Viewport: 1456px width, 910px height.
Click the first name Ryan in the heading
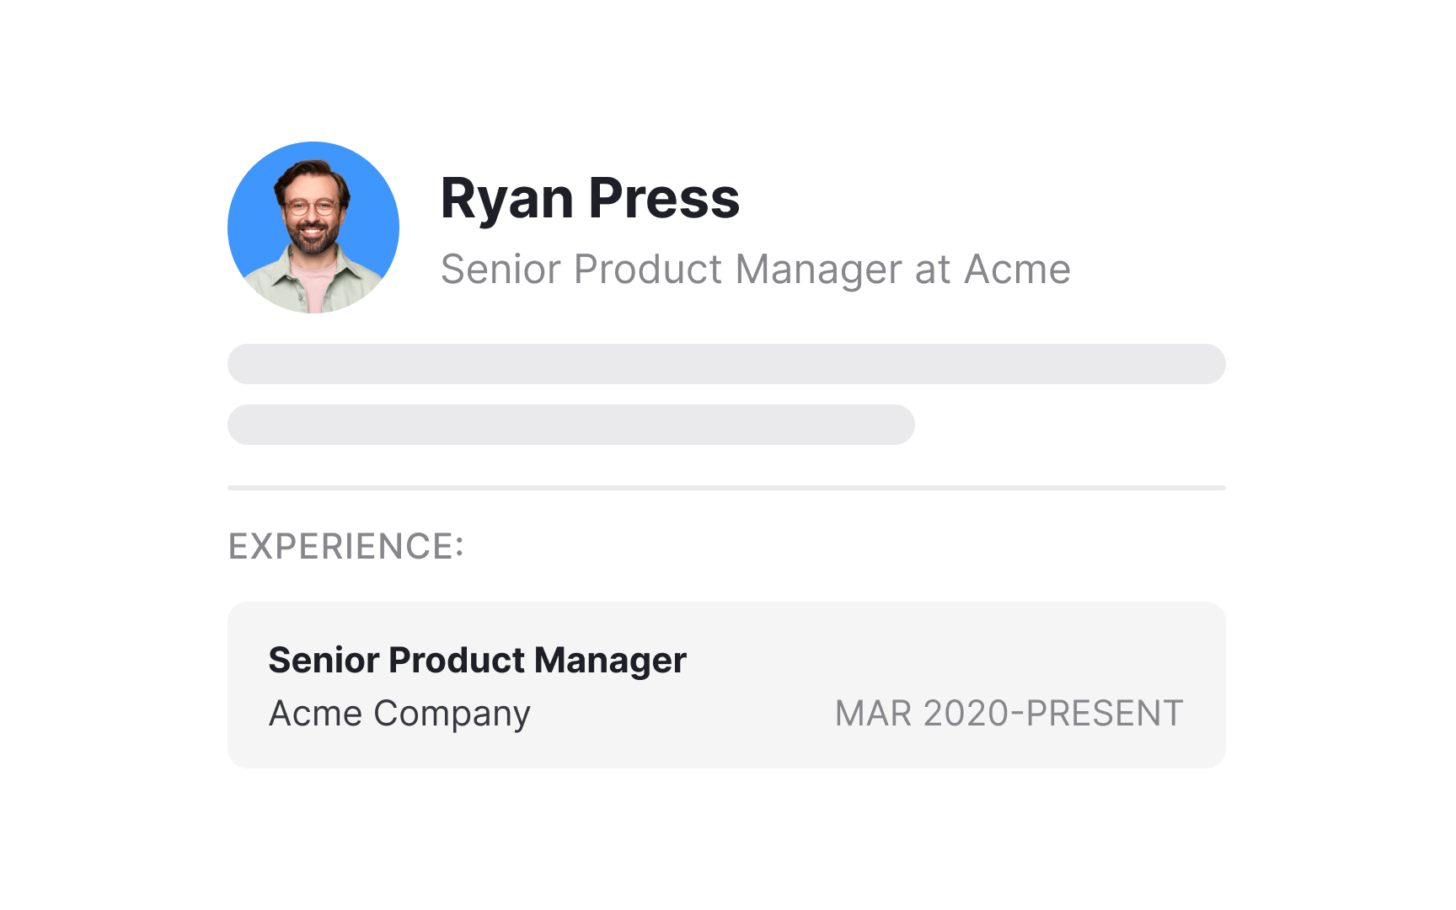click(x=506, y=200)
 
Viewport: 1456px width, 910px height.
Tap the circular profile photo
click(x=313, y=227)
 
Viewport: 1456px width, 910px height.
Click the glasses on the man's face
click(x=312, y=206)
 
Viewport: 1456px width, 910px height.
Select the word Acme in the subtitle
click(x=1017, y=270)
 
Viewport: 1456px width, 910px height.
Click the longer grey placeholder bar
click(x=726, y=364)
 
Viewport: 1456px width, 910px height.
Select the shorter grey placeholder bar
click(x=571, y=425)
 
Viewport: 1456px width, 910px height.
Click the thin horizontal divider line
click(x=726, y=488)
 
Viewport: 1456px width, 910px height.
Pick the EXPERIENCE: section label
click(x=346, y=547)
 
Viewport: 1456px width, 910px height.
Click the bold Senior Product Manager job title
click(x=477, y=661)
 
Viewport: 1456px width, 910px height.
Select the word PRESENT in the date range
click(x=1105, y=714)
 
